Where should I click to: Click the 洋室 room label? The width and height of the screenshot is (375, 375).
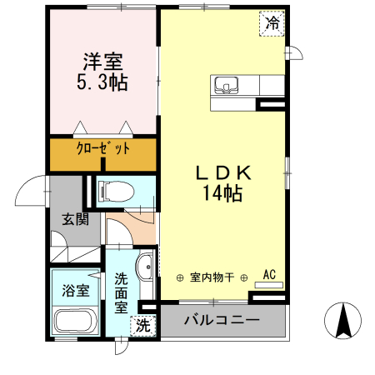point(102,61)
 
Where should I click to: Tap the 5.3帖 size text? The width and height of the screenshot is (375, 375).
point(102,82)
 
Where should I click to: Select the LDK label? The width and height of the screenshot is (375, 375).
point(222,172)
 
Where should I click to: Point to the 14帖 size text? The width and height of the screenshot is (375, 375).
point(222,193)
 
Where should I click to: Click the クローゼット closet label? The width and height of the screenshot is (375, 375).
point(102,149)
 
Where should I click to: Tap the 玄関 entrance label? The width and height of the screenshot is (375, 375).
point(74,220)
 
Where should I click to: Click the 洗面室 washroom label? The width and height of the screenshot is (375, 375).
point(122,292)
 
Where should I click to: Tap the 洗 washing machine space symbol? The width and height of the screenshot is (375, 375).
point(144,325)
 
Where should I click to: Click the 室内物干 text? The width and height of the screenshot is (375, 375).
point(212,277)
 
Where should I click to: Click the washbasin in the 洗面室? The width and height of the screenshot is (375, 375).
point(146,267)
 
